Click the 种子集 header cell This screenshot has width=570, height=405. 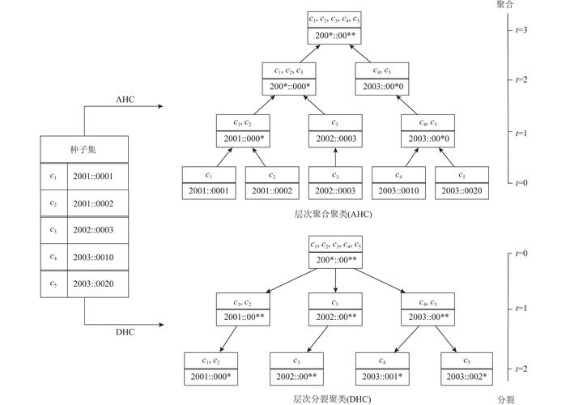coord(84,149)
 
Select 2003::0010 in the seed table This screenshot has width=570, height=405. coord(93,258)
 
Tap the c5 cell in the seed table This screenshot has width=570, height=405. coord(53,284)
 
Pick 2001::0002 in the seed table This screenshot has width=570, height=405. coord(93,203)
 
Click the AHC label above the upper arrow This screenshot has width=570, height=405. coord(125,100)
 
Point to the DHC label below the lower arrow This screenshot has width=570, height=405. coord(125,332)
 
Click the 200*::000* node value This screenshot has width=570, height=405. coord(289,87)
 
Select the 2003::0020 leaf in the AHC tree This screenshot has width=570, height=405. coord(462,191)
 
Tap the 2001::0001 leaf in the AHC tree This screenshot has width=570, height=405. coord(209,191)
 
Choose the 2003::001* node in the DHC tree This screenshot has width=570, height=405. coord(382,377)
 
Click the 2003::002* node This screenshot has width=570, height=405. coord(466,377)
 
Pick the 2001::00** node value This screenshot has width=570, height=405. coord(243,317)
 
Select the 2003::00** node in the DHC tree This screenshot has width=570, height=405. coord(427,317)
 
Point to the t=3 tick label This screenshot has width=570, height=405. coord(521,30)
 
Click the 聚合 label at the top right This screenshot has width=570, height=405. coord(505,4)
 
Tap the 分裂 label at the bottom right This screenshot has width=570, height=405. coord(506,400)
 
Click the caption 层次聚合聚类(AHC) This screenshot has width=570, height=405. coord(333,214)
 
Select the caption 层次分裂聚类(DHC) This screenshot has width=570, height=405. coord(332,399)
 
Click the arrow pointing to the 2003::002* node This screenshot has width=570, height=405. coord(445,339)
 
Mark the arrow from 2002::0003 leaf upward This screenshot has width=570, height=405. coord(335,157)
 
